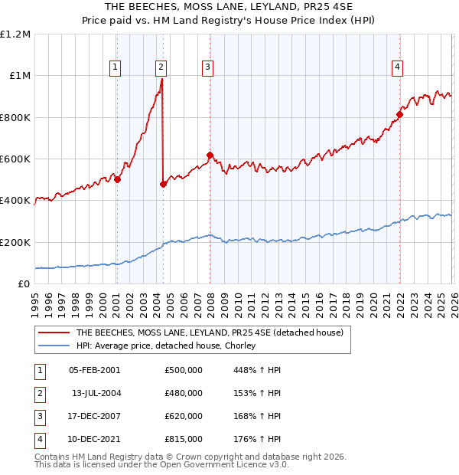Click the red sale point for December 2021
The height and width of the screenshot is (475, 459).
point(399,115)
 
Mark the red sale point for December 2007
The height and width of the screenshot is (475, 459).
point(210,156)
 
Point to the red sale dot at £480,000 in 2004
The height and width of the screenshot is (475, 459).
point(163,184)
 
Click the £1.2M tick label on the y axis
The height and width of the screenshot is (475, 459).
point(15,34)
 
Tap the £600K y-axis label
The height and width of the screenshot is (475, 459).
point(15,159)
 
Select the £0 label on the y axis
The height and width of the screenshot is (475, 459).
point(23,284)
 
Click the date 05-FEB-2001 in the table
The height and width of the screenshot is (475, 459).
point(94,370)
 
